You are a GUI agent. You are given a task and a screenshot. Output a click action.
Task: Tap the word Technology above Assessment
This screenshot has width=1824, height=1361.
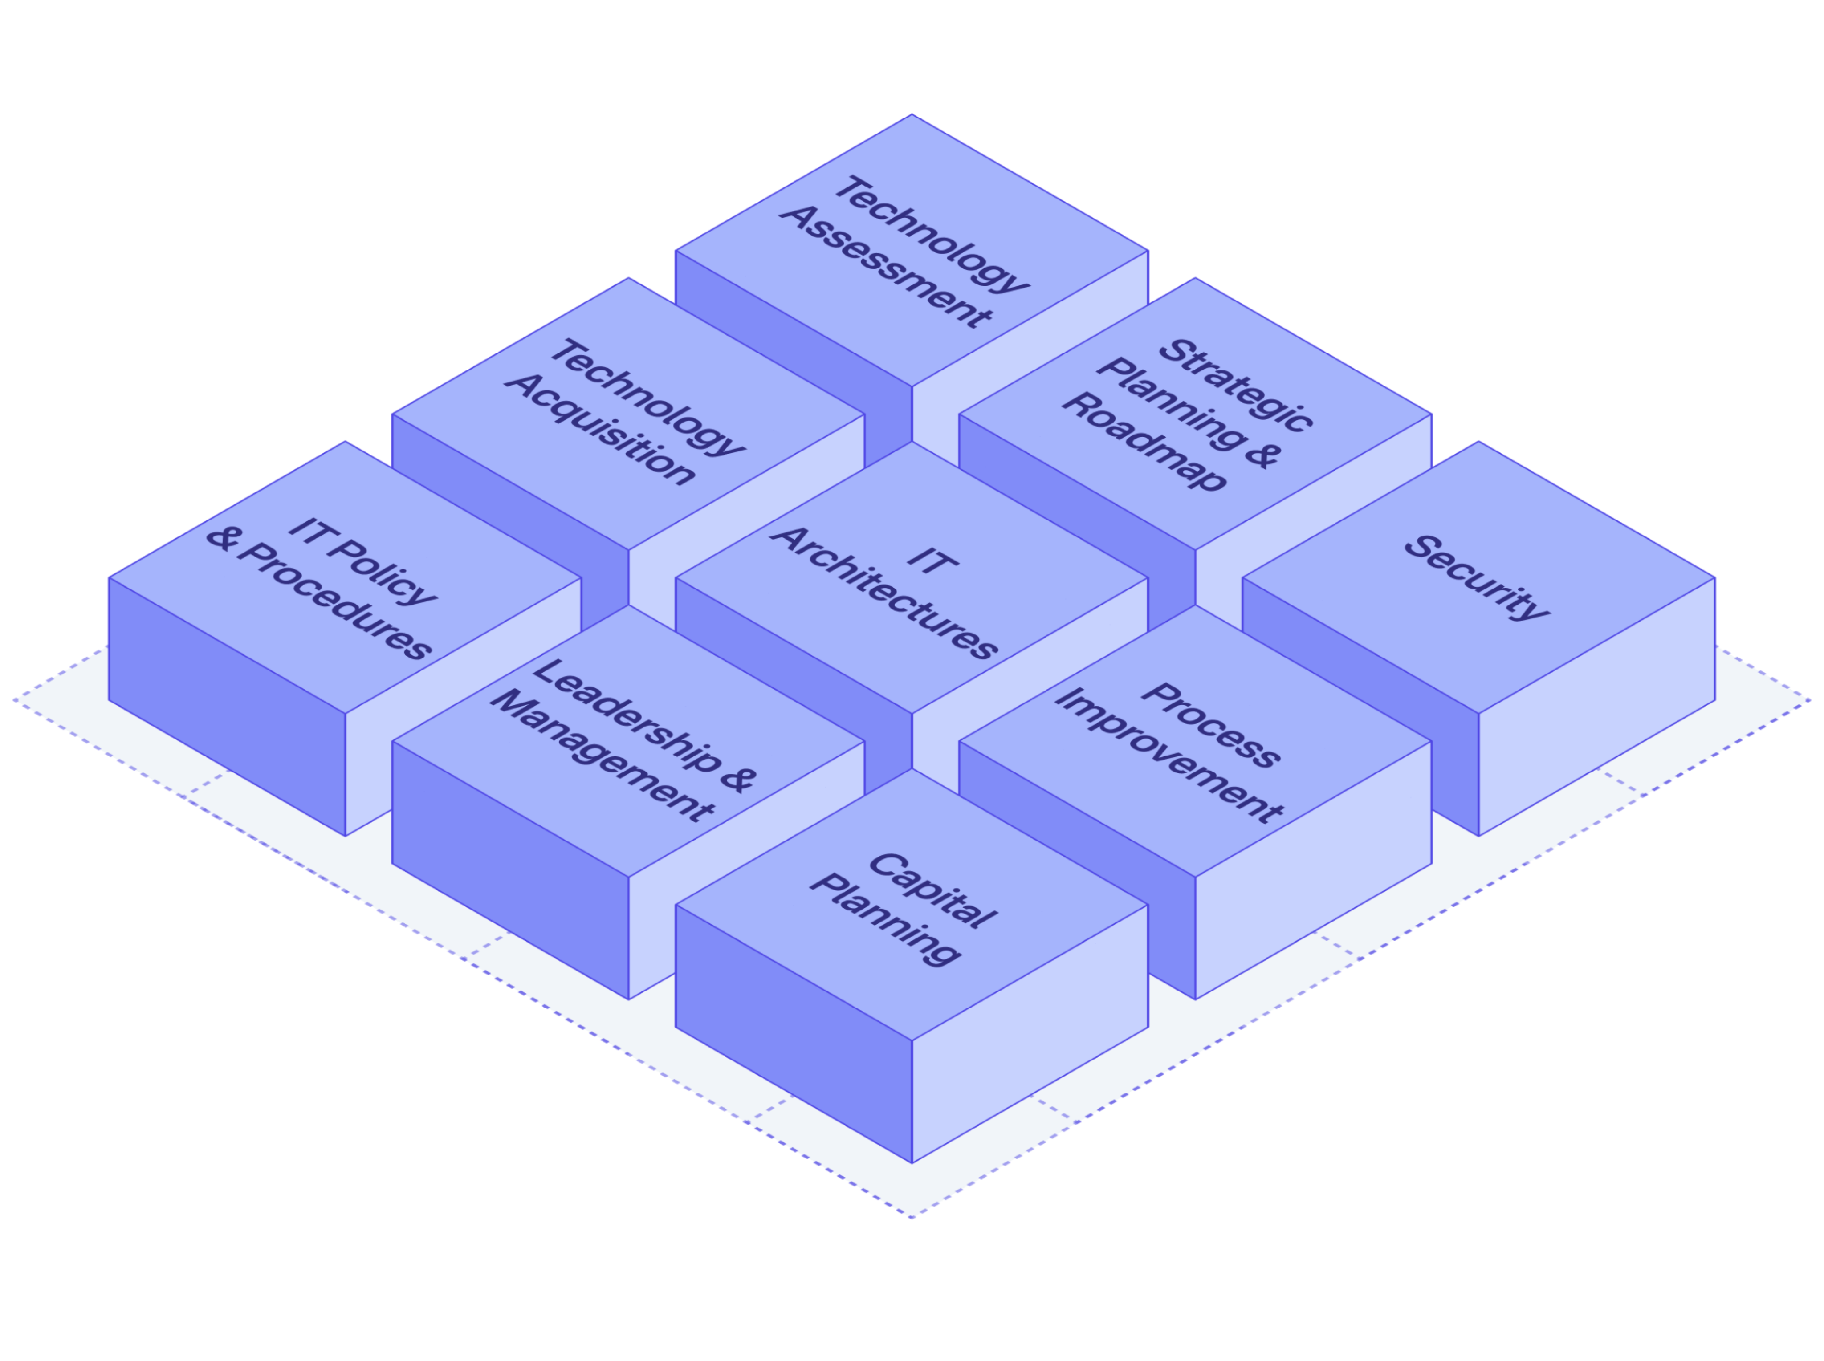pos(931,234)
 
